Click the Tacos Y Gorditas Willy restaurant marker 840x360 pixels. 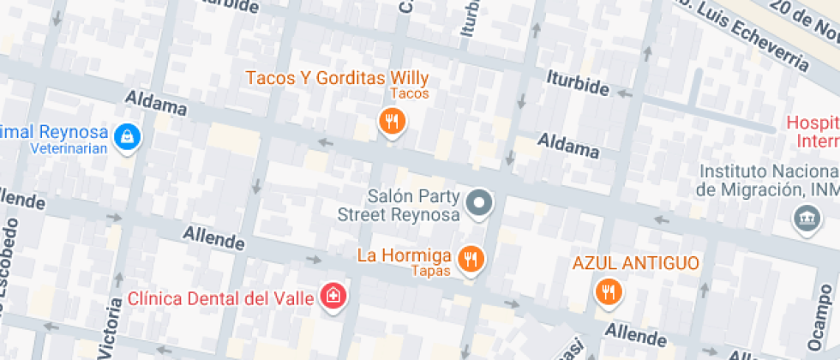[392, 121]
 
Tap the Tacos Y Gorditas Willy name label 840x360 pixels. [337, 78]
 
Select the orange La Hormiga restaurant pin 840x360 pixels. [470, 258]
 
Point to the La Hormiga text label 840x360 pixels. [405, 255]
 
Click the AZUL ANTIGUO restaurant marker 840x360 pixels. [608, 291]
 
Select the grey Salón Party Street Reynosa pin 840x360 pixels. [480, 204]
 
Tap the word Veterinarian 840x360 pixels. [69, 148]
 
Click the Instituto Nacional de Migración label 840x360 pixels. [766, 180]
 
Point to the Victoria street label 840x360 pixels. [110, 327]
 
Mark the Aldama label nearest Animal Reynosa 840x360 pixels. [156, 105]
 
